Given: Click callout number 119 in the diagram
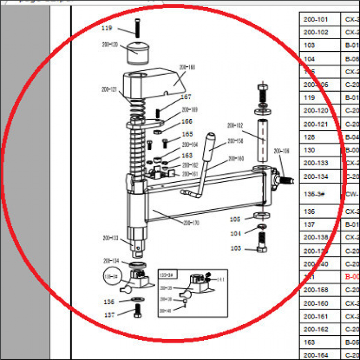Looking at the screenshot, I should click(107, 28).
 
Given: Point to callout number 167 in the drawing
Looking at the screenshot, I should click(186, 97).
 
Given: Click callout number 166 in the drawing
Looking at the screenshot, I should click(186, 121).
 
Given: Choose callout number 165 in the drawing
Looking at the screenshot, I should click(187, 135).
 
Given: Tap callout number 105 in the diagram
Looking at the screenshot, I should click(236, 219).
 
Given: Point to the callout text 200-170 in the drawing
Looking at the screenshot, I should click(191, 223).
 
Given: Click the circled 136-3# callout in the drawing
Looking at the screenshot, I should click(111, 276).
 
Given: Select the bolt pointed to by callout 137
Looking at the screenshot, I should click(138, 310).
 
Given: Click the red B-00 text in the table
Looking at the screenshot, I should click(352, 277).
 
